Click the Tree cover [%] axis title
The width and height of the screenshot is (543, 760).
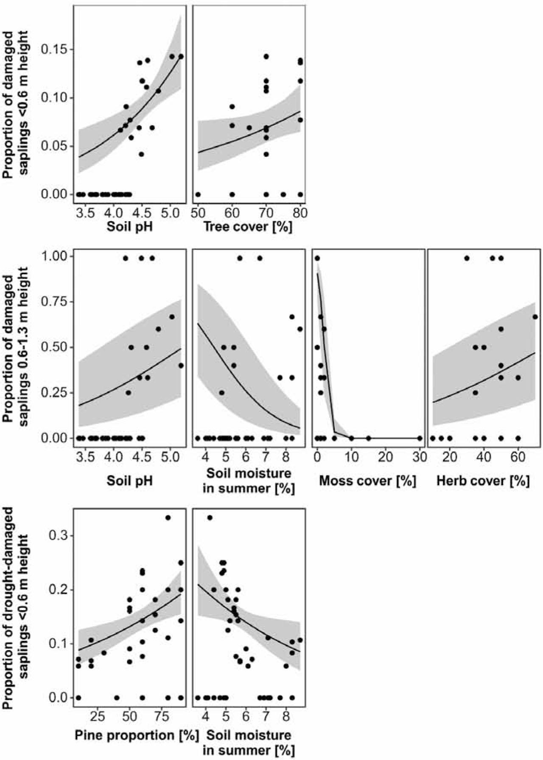pos(248,227)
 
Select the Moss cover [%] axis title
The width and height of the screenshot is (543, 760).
pos(367,481)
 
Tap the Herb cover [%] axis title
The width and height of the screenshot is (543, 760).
pos(483,481)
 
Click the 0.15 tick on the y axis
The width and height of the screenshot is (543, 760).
pos(54,50)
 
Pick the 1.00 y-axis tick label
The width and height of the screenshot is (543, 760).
pos(54,256)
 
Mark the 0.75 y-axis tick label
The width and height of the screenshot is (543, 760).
pos(54,302)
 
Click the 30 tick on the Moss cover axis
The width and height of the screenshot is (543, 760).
pos(420,458)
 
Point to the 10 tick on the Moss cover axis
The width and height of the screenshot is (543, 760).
pos(351,458)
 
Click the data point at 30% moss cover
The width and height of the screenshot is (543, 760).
pos(420,438)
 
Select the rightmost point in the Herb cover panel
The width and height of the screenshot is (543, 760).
pos(535,317)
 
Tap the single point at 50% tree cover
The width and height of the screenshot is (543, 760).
pos(198,194)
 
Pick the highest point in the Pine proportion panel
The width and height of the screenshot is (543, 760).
pos(168,518)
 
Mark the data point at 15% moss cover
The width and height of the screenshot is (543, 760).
pos(368,438)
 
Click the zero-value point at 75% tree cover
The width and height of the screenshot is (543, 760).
pos(283,194)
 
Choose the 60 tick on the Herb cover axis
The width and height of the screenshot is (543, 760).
pos(518,458)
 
